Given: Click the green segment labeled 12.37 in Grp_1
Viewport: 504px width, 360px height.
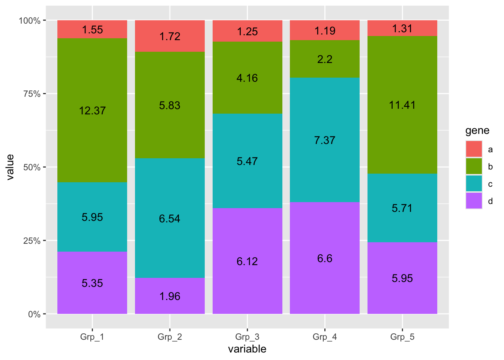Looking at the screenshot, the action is coord(92,110).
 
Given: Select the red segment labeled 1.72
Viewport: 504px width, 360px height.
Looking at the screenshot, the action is coord(170,36).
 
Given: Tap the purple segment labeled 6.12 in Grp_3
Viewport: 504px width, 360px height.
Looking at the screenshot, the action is coord(247,261).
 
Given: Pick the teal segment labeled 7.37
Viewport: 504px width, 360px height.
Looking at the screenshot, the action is coord(325,140).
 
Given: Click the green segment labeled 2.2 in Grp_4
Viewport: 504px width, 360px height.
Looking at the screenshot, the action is coord(325,59).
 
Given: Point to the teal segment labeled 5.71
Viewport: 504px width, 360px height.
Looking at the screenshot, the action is coord(402,208).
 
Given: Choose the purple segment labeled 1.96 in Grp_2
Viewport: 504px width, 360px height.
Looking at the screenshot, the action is coord(170,296).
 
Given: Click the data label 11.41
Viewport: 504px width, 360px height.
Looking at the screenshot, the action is coord(402,105).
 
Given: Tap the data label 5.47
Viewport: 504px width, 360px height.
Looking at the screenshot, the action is coord(247,161).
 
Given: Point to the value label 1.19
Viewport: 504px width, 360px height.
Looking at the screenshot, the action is coord(325,31).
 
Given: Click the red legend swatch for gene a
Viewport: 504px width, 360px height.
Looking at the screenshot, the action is coord(474,149).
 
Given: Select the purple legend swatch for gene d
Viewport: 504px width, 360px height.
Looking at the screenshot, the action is coord(474,201).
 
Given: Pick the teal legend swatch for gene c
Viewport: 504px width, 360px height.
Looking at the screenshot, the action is coord(474,184).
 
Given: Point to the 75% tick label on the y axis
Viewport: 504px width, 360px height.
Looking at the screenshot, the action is coord(32,94).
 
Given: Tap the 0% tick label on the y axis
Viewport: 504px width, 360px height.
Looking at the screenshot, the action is coord(34,314).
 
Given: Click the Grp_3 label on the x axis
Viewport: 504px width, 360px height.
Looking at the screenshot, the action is coord(247,337).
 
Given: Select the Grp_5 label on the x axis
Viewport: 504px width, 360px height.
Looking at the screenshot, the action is coord(402,337).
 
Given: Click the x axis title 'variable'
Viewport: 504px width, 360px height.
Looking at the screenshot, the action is coord(247,349).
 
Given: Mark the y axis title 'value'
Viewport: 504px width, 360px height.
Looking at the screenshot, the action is coord(10,167).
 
